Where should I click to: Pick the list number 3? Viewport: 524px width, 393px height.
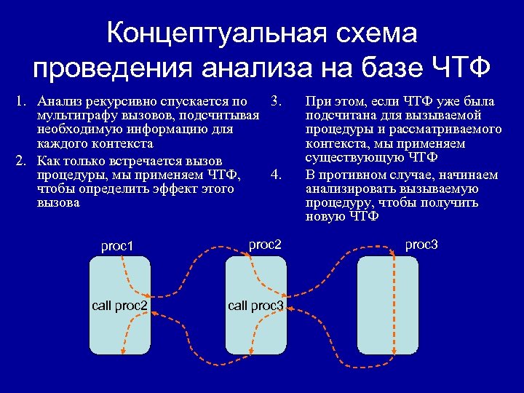coord(275,100)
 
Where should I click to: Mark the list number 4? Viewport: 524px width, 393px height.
coord(275,175)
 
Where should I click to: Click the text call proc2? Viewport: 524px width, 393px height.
coord(120,305)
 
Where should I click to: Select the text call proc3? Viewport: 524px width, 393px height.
coord(255,306)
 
